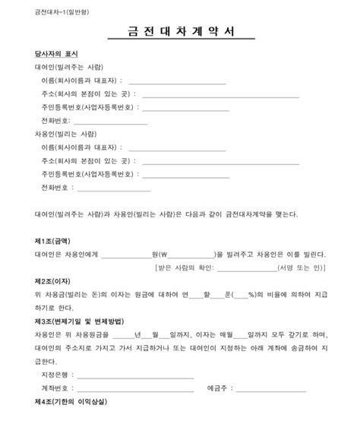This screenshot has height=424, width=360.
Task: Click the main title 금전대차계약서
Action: point(180,33)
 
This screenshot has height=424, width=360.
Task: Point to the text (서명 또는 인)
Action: point(303,268)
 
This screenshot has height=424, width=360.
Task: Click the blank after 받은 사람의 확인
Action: point(246,268)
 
